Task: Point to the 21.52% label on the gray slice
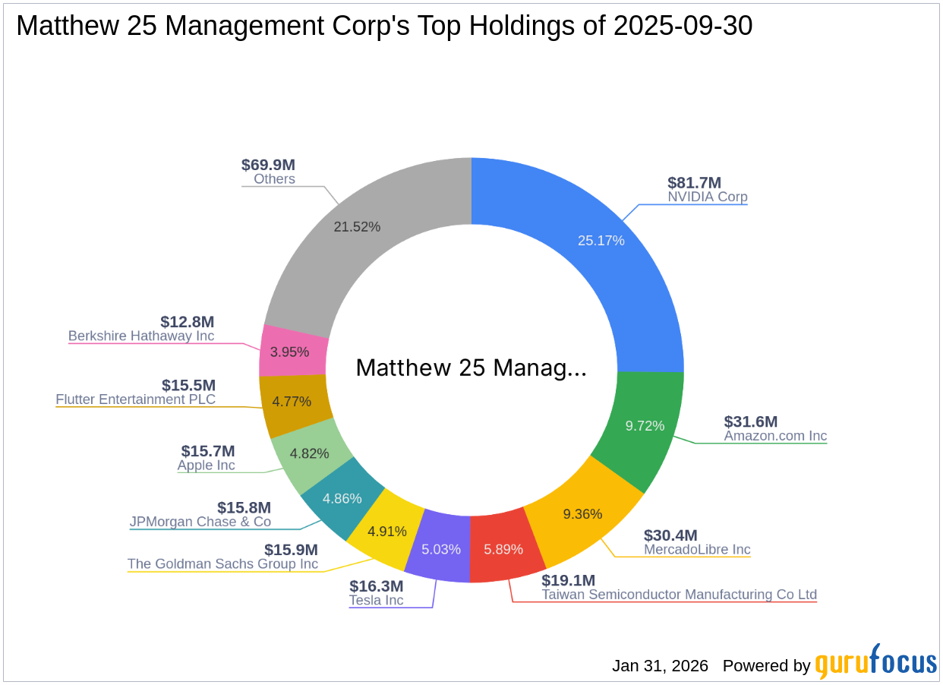[x=357, y=226]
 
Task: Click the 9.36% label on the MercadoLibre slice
[x=582, y=514]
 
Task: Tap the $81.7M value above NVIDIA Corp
[x=694, y=182]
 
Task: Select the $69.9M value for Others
[x=268, y=165]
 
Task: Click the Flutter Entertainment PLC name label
[x=136, y=399]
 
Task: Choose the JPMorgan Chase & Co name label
[x=200, y=522]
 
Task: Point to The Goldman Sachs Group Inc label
[x=222, y=564]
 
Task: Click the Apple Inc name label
[x=207, y=466]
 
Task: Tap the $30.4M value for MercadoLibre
[x=670, y=535]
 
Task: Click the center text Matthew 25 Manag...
[x=471, y=368]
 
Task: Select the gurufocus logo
[x=875, y=663]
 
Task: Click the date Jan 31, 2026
[x=660, y=666]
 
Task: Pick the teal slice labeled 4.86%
[x=342, y=498]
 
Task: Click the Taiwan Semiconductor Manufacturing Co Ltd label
[x=679, y=595]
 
